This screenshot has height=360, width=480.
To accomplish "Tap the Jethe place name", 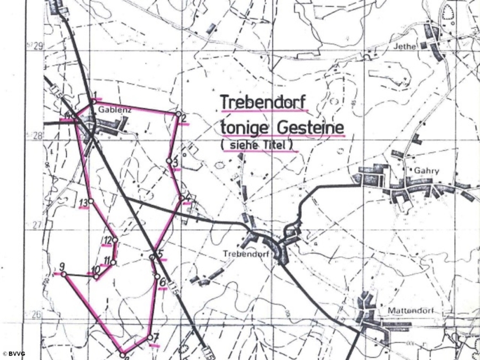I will [x=404, y=46].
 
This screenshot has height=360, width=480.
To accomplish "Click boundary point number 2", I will [x=178, y=114].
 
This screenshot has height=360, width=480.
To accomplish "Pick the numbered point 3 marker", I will [x=169, y=161].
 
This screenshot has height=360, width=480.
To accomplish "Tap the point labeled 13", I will [x=91, y=201].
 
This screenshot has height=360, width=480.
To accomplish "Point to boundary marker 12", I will [x=115, y=240].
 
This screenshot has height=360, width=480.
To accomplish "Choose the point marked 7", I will [x=149, y=337].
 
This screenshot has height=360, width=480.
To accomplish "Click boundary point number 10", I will [x=96, y=276].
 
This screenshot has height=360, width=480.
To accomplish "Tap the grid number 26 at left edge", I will [x=36, y=314].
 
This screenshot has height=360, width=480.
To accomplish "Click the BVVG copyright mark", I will [x=14, y=353].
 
